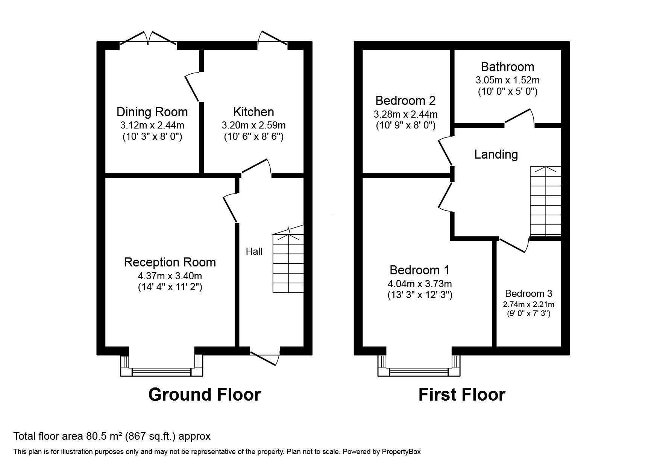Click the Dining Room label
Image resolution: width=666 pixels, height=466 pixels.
[x=152, y=112]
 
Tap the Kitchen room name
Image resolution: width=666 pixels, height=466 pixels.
[x=253, y=112]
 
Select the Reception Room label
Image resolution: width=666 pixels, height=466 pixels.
[x=170, y=262]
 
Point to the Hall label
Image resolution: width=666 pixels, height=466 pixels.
[x=254, y=251]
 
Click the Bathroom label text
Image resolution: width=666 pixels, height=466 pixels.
[x=507, y=67]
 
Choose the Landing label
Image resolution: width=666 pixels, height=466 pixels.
[x=496, y=154]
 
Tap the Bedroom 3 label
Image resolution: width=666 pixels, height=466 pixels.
[x=528, y=294]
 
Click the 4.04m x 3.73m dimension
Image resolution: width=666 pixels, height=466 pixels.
[x=420, y=283]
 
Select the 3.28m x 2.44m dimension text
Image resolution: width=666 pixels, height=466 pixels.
[x=405, y=114]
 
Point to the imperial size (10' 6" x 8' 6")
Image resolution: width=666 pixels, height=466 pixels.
[x=253, y=137]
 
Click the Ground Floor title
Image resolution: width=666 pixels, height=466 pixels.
[x=205, y=395]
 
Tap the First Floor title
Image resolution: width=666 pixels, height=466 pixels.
[x=462, y=395]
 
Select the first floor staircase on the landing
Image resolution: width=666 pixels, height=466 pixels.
[x=545, y=201]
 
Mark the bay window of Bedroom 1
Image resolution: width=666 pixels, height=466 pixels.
[x=419, y=365]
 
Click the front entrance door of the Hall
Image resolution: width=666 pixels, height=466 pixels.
[x=265, y=357]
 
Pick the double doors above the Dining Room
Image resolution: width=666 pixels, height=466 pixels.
[x=148, y=40]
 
